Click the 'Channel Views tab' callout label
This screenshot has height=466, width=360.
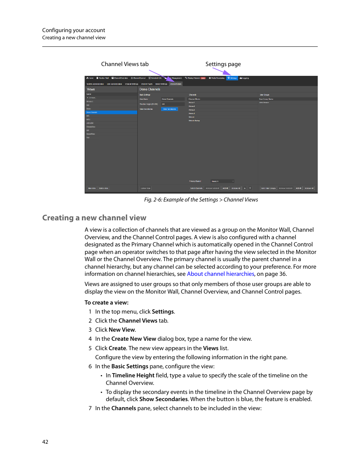pyautogui.click(x=125, y=64)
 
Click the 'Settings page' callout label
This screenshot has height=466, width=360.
pyautogui.click(x=223, y=64)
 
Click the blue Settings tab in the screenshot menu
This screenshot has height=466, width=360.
pyautogui.click(x=232, y=78)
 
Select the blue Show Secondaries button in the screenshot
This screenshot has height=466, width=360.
pyautogui.click(x=169, y=109)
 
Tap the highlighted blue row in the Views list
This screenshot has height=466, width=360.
pyautogui.click(x=111, y=112)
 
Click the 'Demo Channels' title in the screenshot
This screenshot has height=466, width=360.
pyautogui.click(x=150, y=89)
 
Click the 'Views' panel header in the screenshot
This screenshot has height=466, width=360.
pyautogui.click(x=91, y=89)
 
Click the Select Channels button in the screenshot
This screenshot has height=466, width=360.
pyautogui.click(x=196, y=188)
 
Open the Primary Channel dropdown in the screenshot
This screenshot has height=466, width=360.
pyautogui.click(x=222, y=181)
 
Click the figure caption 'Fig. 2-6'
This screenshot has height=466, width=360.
pyautogui.click(x=201, y=200)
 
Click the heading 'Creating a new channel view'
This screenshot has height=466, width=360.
pyautogui.click(x=94, y=218)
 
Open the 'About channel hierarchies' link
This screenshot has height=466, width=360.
pyautogui.click(x=220, y=274)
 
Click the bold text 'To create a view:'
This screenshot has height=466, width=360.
pyautogui.click(x=106, y=303)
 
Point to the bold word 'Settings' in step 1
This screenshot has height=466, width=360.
pyautogui.click(x=163, y=312)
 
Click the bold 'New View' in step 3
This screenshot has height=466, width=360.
pyautogui.click(x=122, y=330)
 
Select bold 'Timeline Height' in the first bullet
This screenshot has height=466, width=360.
pyautogui.click(x=133, y=375)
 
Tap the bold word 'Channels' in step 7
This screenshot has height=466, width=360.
pyautogui.click(x=123, y=408)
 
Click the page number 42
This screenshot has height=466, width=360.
pyautogui.click(x=45, y=442)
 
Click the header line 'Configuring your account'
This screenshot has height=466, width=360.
pyautogui.click(x=74, y=30)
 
